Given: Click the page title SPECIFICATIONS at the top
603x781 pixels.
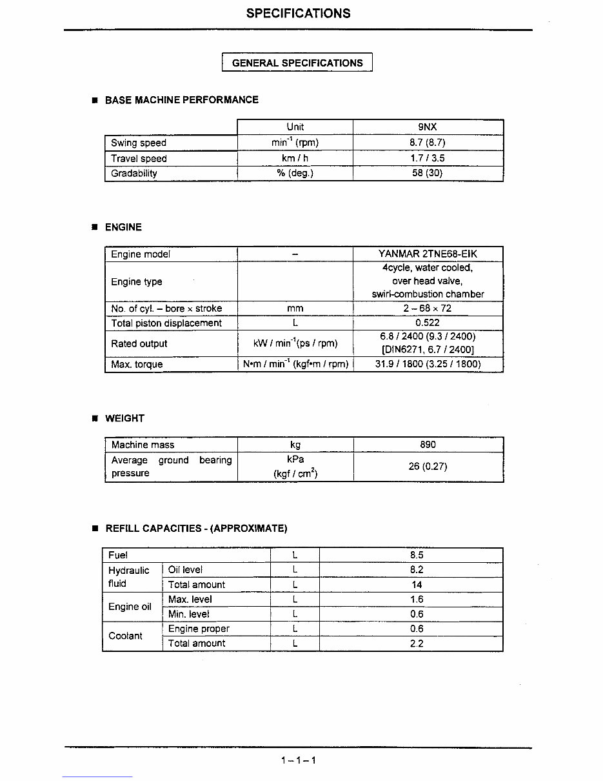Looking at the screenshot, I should click(x=298, y=14).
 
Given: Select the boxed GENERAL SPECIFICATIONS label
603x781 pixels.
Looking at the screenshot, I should click(x=297, y=63).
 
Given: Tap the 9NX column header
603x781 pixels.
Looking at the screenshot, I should click(x=428, y=127).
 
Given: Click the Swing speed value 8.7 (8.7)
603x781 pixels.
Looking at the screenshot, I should click(x=428, y=143).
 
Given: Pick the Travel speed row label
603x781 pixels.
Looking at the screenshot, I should click(x=139, y=158).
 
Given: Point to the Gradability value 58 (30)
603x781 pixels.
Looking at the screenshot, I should click(x=428, y=173).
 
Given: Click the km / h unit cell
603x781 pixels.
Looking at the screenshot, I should click(x=295, y=158).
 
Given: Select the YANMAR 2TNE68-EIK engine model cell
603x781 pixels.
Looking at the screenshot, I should click(x=428, y=254).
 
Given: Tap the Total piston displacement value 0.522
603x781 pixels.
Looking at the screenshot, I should click(x=428, y=323).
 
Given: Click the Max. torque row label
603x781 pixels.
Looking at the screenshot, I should click(x=137, y=364).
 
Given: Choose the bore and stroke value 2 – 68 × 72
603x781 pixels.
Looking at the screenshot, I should click(x=428, y=308).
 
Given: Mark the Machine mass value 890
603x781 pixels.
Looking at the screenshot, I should click(x=428, y=444).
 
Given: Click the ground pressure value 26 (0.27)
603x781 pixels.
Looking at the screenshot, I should click(x=428, y=466).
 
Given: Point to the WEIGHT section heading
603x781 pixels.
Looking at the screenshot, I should click(x=124, y=418).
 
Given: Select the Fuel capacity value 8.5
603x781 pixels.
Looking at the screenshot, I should click(x=417, y=554).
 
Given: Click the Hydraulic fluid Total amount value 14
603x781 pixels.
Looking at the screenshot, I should click(x=417, y=584).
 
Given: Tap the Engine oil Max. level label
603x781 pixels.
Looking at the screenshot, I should click(x=190, y=599).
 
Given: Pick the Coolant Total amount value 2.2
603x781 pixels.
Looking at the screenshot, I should click(x=417, y=643).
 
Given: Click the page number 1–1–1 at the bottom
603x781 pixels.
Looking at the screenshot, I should click(x=298, y=760).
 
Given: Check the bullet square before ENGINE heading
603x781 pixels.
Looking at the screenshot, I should click(x=94, y=227).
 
